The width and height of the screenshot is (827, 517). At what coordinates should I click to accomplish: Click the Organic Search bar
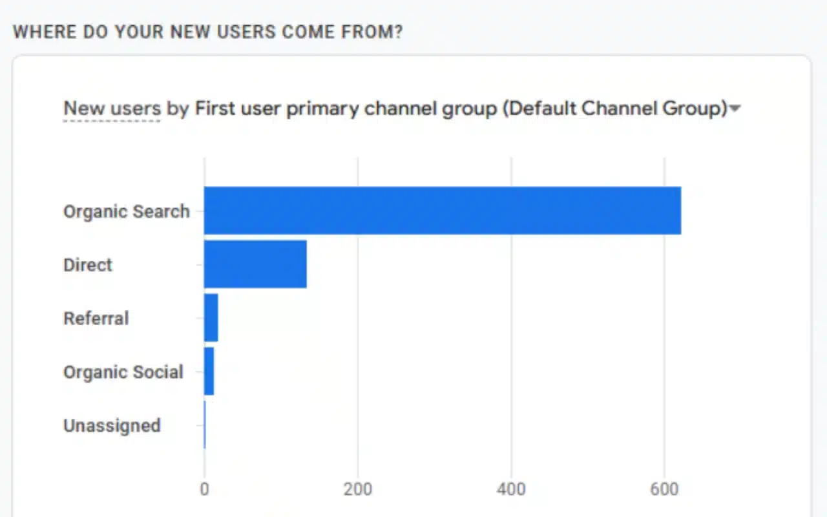coord(442,211)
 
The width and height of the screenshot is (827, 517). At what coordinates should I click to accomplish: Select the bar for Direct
coord(255,264)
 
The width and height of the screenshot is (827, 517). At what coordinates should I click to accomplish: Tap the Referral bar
coord(211,317)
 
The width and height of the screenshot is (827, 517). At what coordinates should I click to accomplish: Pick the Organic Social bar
coord(209,371)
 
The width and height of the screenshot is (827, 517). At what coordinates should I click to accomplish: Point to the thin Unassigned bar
coord(205,425)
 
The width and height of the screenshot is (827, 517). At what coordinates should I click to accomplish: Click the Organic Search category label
coord(127,211)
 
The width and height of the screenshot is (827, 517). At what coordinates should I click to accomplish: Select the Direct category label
coord(88,265)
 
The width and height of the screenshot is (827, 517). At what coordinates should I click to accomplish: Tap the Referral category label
coord(96,319)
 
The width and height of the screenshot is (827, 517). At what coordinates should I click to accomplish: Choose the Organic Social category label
coord(123,372)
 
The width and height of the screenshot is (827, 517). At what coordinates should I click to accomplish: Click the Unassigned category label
coord(112,426)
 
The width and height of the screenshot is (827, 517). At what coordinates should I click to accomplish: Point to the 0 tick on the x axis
coord(204,489)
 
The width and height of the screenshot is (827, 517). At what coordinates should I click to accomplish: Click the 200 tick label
coord(357,489)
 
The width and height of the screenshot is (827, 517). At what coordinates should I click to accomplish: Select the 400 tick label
coord(511,489)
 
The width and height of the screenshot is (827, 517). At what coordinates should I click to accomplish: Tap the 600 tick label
coord(664,489)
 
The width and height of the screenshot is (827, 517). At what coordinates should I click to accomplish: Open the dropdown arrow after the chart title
coord(735,110)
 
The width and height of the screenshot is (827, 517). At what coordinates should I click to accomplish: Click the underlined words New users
coord(112,109)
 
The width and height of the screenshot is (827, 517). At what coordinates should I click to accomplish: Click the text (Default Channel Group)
coord(615,109)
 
